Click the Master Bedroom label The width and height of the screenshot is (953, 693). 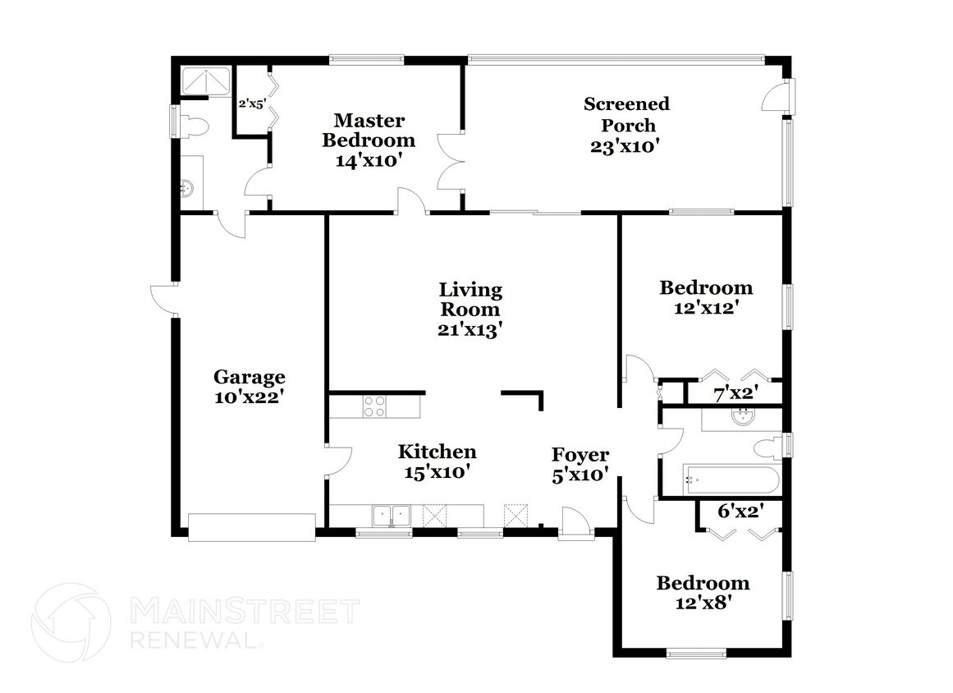pyautogui.click(x=368, y=130)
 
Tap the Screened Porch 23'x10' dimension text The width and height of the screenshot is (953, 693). pyautogui.click(x=625, y=147)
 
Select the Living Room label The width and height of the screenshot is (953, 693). pyautogui.click(x=470, y=300)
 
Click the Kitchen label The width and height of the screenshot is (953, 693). pyautogui.click(x=437, y=452)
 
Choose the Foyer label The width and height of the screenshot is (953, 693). pyautogui.click(x=580, y=455)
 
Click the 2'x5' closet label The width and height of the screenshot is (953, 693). pyautogui.click(x=252, y=104)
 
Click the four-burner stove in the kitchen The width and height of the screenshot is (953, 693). pyautogui.click(x=374, y=406)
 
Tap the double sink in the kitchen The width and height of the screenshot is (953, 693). pyautogui.click(x=391, y=516)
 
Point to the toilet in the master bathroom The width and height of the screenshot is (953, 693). pyautogui.click(x=193, y=125)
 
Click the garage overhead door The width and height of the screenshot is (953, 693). pyautogui.click(x=251, y=527)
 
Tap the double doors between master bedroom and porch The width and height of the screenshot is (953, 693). pyautogui.click(x=451, y=161)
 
